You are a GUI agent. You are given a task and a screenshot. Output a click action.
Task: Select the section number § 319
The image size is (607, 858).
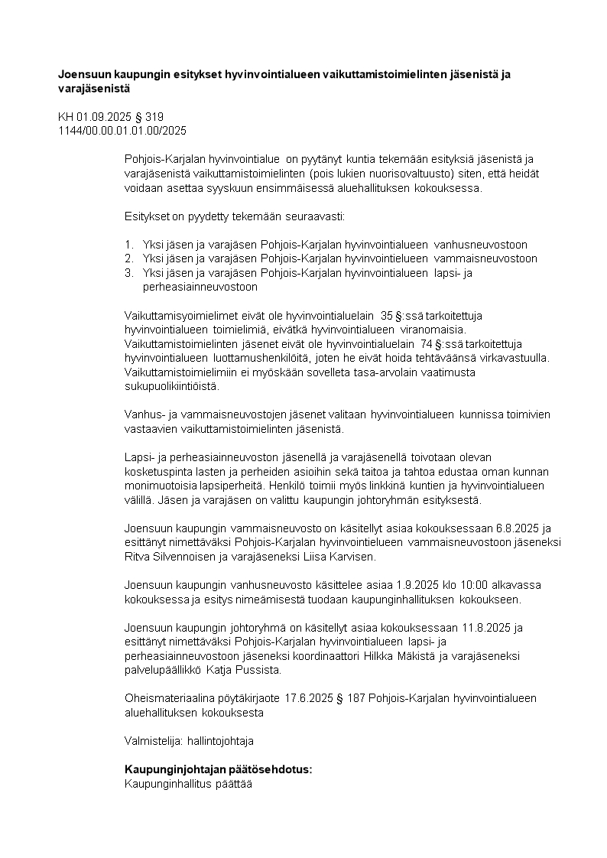148,117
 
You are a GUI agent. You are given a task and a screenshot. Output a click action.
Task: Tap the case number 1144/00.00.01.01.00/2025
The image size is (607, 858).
122,131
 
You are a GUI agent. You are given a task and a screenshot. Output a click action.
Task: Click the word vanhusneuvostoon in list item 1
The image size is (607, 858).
481,245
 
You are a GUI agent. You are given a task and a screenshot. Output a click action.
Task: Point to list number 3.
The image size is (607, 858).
129,272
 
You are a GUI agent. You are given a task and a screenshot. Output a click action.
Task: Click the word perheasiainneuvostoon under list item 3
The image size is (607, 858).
200,287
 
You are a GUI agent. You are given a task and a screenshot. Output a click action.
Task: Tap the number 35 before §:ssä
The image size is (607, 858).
387,315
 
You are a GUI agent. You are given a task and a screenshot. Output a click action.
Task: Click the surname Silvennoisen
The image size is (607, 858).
190,556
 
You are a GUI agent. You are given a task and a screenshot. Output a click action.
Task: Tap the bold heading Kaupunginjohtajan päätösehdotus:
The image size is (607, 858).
219,769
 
